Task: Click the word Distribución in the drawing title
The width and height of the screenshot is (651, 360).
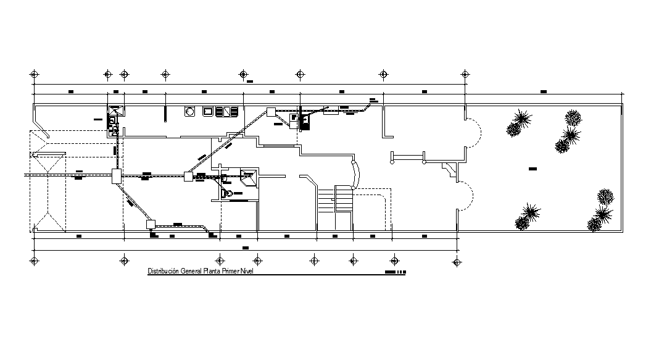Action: click(162, 271)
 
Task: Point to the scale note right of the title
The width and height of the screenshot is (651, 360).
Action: click(395, 272)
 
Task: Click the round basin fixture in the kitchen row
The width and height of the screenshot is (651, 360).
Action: click(191, 112)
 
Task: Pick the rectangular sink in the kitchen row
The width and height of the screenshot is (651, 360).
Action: click(209, 112)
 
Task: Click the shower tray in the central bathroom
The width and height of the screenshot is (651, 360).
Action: click(248, 178)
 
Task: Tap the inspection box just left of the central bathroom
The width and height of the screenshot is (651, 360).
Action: click(189, 177)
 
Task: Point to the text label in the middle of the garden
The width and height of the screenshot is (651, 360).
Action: click(533, 168)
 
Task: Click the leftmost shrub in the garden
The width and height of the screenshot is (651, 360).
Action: click(513, 130)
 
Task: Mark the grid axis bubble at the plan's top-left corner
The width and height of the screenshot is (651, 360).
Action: click(34, 74)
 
